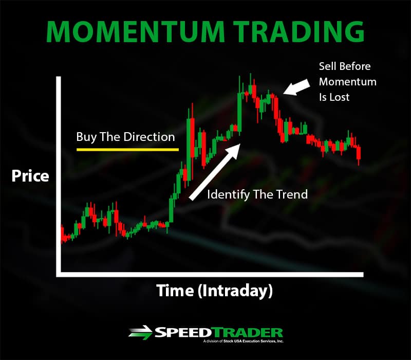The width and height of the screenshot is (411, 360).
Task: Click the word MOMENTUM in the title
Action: (135, 31)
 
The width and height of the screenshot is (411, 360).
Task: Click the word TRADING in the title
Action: (298, 31)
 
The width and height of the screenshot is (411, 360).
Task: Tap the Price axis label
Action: (30, 176)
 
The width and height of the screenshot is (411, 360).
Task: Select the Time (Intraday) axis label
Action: (214, 291)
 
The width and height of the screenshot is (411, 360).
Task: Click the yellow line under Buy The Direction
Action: (127, 150)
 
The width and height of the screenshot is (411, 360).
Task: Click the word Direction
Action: (149, 137)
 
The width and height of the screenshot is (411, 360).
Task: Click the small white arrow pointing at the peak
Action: (296, 86)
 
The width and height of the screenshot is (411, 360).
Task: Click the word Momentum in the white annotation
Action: (348, 82)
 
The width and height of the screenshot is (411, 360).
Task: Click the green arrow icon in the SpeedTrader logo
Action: (140, 332)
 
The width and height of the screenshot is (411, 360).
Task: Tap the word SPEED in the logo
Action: (183, 332)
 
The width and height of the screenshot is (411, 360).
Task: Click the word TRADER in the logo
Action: (247, 332)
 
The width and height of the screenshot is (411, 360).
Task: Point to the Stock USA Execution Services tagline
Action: (243, 341)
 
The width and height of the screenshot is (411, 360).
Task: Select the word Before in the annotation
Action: (354, 66)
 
